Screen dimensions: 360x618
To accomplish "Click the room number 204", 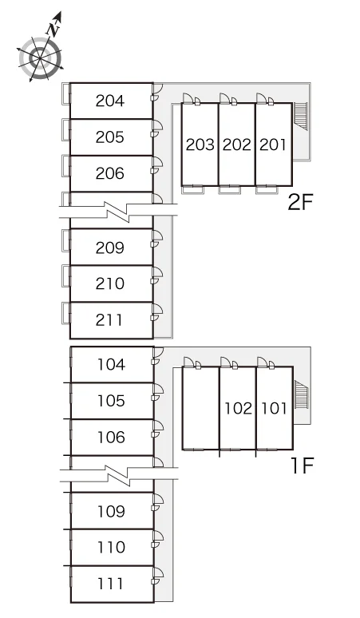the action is tap(110, 101).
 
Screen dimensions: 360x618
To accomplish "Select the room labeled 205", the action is tap(110, 137).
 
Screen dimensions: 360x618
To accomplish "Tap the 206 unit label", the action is tap(110, 173).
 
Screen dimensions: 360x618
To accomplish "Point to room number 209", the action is tap(110, 248).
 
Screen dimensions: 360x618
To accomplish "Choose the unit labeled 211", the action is tap(109, 320).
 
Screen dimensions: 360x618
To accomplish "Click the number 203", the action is tap(200, 145).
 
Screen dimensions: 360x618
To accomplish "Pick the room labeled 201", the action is tap(272, 145).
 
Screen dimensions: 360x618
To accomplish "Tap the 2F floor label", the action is tap(300, 203).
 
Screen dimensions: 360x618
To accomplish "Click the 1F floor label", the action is tap(302, 465).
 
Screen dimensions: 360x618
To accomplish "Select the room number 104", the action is tap(112, 365).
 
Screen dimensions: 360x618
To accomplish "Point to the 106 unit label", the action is tap(112, 437).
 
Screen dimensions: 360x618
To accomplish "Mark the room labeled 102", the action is tap(238, 408).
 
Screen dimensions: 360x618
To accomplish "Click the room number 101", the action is tap(274, 408).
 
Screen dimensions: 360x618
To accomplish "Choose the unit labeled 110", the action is tap(112, 547).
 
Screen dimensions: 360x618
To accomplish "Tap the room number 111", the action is tap(110, 584).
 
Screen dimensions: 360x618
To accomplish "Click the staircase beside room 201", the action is tap(301, 116).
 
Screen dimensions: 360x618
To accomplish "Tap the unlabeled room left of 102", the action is tap(201, 408).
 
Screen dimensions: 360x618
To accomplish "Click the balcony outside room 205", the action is tap(66, 129).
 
